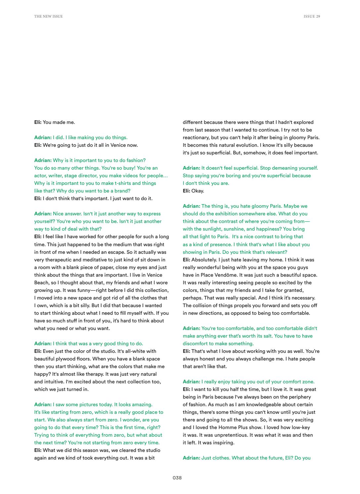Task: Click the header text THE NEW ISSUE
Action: pyautogui.click(x=48, y=16)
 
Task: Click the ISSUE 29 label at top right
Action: pyautogui.click(x=312, y=16)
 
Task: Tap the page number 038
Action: pyautogui.click(x=177, y=477)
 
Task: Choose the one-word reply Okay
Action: pyautogui.click(x=198, y=191)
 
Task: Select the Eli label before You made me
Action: pyautogui.click(x=38, y=122)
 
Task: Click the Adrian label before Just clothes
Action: pyautogui.click(x=191, y=458)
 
